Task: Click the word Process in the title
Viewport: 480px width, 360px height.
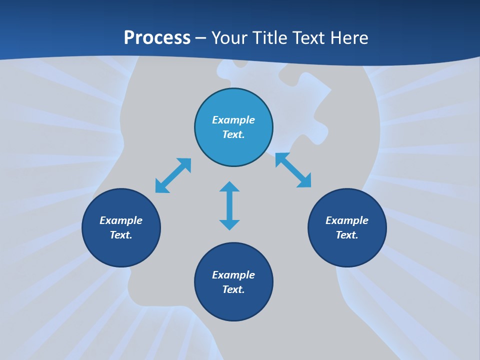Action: [x=157, y=38]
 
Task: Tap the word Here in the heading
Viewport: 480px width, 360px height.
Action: [x=348, y=38]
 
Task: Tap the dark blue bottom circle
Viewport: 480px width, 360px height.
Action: [x=233, y=305]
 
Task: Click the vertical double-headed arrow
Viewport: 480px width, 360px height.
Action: [x=229, y=206]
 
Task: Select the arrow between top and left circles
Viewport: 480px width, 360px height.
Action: [x=173, y=175]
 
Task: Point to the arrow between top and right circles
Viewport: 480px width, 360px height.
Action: [x=293, y=170]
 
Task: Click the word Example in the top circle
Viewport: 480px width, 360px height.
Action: [x=233, y=120]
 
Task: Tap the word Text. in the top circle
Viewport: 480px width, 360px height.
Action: [x=233, y=134]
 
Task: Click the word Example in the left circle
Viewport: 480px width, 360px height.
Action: [x=121, y=220]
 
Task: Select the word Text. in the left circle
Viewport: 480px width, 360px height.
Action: [x=121, y=235]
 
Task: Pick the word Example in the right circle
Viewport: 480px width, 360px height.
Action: [x=347, y=220]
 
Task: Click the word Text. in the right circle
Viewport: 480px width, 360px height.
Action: [x=347, y=235]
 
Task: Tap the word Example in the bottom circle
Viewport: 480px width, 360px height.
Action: [x=233, y=275]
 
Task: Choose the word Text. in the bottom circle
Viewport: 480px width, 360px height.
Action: [x=233, y=289]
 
